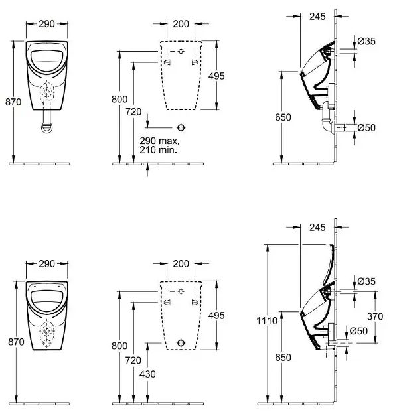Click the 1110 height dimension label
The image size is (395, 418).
[267, 320]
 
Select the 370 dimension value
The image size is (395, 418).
[375, 316]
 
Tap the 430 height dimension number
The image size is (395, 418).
[147, 374]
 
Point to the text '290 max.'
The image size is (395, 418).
[160, 141]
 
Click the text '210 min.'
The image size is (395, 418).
[159, 149]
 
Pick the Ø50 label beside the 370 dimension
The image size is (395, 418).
[358, 331]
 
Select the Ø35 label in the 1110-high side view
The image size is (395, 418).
[366, 281]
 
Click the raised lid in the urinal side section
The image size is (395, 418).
[329, 263]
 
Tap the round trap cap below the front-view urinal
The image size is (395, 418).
[47, 127]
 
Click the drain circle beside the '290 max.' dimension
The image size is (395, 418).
[181, 128]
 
